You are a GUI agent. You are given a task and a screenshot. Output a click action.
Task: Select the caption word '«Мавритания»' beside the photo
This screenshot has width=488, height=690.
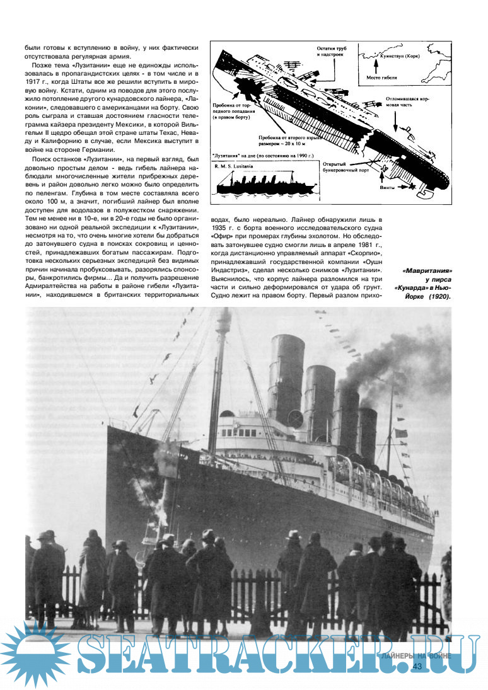tap(429, 272)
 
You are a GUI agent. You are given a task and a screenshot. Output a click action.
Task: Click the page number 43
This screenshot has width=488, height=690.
tap(417, 666)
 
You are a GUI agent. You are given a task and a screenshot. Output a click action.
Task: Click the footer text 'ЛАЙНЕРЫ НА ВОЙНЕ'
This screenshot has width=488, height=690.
tap(416, 655)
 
